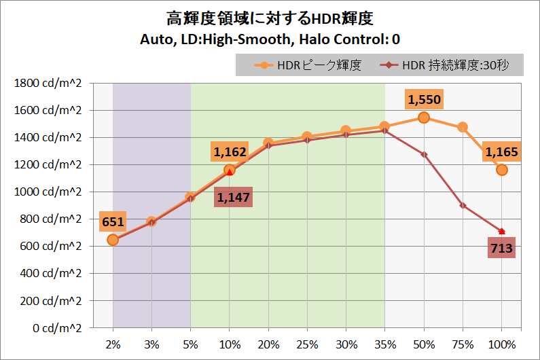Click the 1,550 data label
pos(425,101)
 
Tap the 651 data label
pos(113,222)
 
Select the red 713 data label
pos(502,249)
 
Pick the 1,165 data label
pos(501,154)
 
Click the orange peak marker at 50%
pos(424,118)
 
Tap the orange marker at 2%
pos(113,239)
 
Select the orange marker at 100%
pos(501,170)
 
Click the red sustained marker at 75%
pos(463,205)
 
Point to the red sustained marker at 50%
pos(424,154)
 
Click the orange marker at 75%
pos(463,127)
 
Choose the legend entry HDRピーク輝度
pos(308,65)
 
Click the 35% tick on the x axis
pos(384,345)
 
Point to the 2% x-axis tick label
pos(113,345)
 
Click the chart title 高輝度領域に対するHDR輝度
pos(270,18)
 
